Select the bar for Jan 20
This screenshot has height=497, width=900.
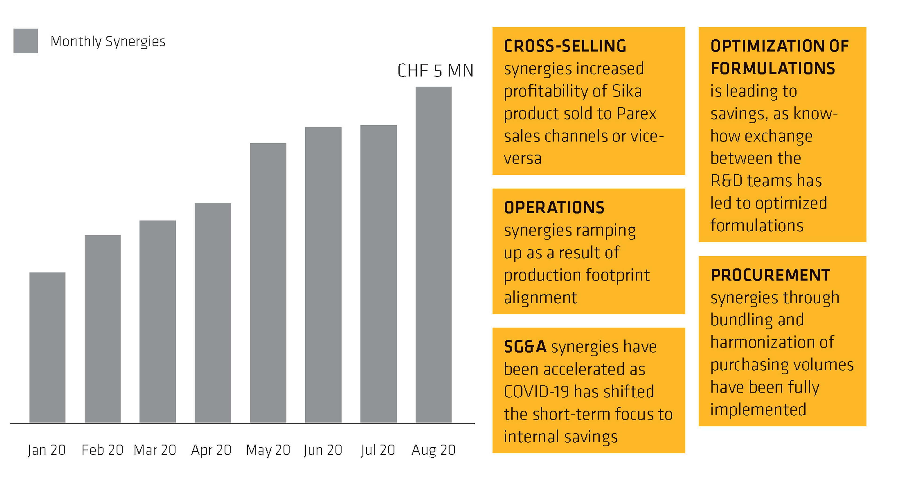pyautogui.click(x=47, y=347)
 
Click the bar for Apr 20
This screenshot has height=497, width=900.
pyautogui.click(x=213, y=313)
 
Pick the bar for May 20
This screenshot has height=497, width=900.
pyautogui.click(x=268, y=283)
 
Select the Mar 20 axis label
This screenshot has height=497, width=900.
pyautogui.click(x=155, y=450)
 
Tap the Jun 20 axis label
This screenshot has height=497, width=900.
pyautogui.click(x=323, y=450)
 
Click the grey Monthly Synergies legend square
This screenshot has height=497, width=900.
pyautogui.click(x=26, y=41)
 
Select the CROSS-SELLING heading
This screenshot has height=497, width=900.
pyautogui.click(x=565, y=46)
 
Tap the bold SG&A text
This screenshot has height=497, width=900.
pyautogui.click(x=525, y=347)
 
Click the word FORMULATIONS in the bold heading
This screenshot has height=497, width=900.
pyautogui.click(x=772, y=68)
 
